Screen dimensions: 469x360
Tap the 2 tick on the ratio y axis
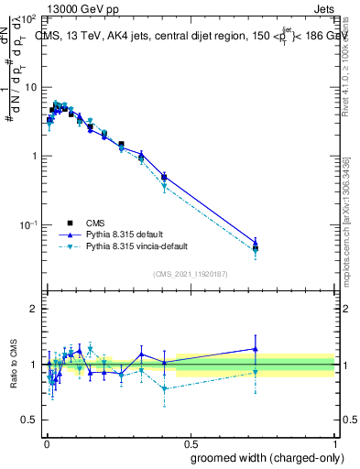coord(34,309)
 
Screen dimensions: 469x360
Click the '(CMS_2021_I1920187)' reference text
coord(190,273)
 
